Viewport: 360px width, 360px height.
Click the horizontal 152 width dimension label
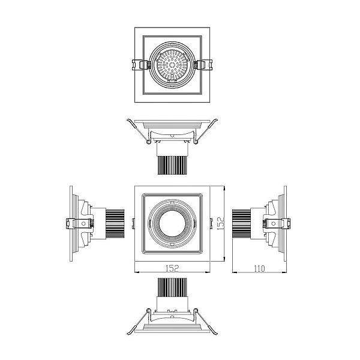pyautogui.click(x=172, y=268)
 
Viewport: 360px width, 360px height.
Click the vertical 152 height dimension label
pyautogui.click(x=221, y=224)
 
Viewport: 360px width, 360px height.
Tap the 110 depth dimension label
pyautogui.click(x=259, y=268)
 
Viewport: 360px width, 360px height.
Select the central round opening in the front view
pyautogui.click(x=172, y=223)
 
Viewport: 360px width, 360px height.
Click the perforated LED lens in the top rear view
pyautogui.click(x=172, y=65)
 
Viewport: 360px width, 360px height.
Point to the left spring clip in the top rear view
pyautogui.click(x=140, y=65)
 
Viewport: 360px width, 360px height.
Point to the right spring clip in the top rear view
pyautogui.click(x=204, y=65)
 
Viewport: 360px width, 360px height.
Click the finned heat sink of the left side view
pyautogui.click(x=115, y=223)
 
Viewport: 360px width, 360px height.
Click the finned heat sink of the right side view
pyautogui.click(x=241, y=223)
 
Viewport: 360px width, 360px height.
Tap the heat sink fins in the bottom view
pyautogui.click(x=172, y=287)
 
